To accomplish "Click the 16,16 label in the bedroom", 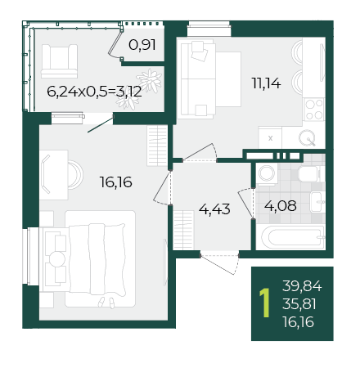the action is pos(115,182).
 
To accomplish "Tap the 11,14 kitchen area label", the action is pos(266,83).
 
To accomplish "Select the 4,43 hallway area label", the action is pos(214,209).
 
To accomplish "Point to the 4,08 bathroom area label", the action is pos(280,205).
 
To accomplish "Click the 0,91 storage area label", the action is pos(142,45).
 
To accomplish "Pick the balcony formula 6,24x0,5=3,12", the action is pos(94,92).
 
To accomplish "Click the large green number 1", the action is pos(265,303).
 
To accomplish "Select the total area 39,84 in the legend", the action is pos(302,286).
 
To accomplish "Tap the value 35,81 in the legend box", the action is pos(299,304).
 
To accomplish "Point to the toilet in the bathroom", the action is pos(311,173).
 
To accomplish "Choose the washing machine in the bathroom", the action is pos(267,173).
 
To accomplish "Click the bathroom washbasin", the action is pos(317,202).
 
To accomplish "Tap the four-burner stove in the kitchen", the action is pos(314,110).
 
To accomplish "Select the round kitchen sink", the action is pos(308,138).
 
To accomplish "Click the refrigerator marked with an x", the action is pos(270,137).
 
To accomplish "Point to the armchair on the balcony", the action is pos(59,61).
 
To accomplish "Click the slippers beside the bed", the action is pos(106,303).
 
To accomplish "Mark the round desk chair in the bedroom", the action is pos(74,175).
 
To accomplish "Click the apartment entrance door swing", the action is pos(220,264).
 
